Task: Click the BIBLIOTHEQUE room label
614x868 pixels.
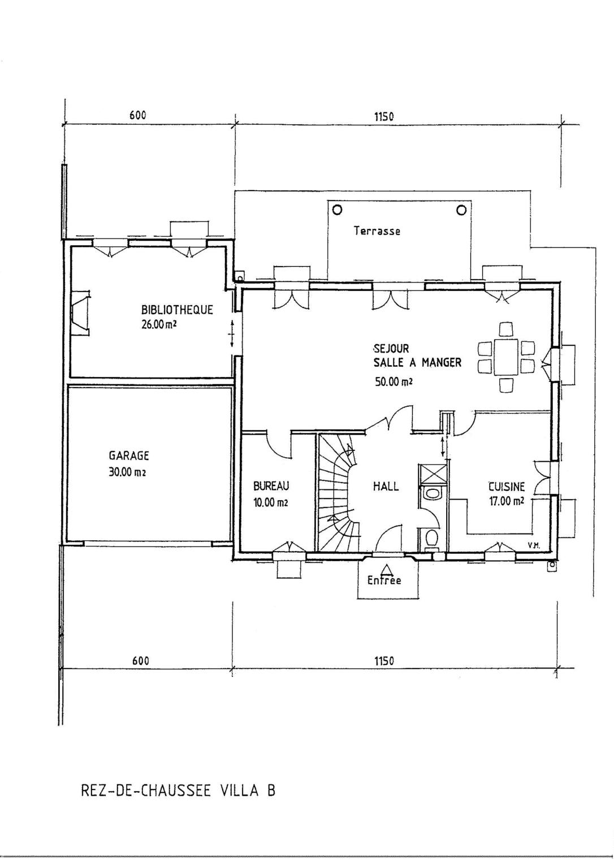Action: coord(177,310)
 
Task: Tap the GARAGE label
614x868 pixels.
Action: coord(129,455)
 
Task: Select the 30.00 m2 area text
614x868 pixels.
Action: coord(127,472)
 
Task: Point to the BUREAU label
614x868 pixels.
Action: coord(271,485)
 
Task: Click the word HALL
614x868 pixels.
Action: coord(386,486)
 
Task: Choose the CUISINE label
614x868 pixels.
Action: coord(507,486)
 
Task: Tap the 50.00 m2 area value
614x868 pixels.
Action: coord(394,381)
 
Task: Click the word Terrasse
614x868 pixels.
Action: coord(377,231)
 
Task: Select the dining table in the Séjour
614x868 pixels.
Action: coord(506,357)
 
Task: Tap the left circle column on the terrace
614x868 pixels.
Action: coord(338,210)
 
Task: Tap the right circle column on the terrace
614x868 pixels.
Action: coord(461,210)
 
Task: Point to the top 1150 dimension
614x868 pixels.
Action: coord(384,116)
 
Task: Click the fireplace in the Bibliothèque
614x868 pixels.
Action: coord(81,313)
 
